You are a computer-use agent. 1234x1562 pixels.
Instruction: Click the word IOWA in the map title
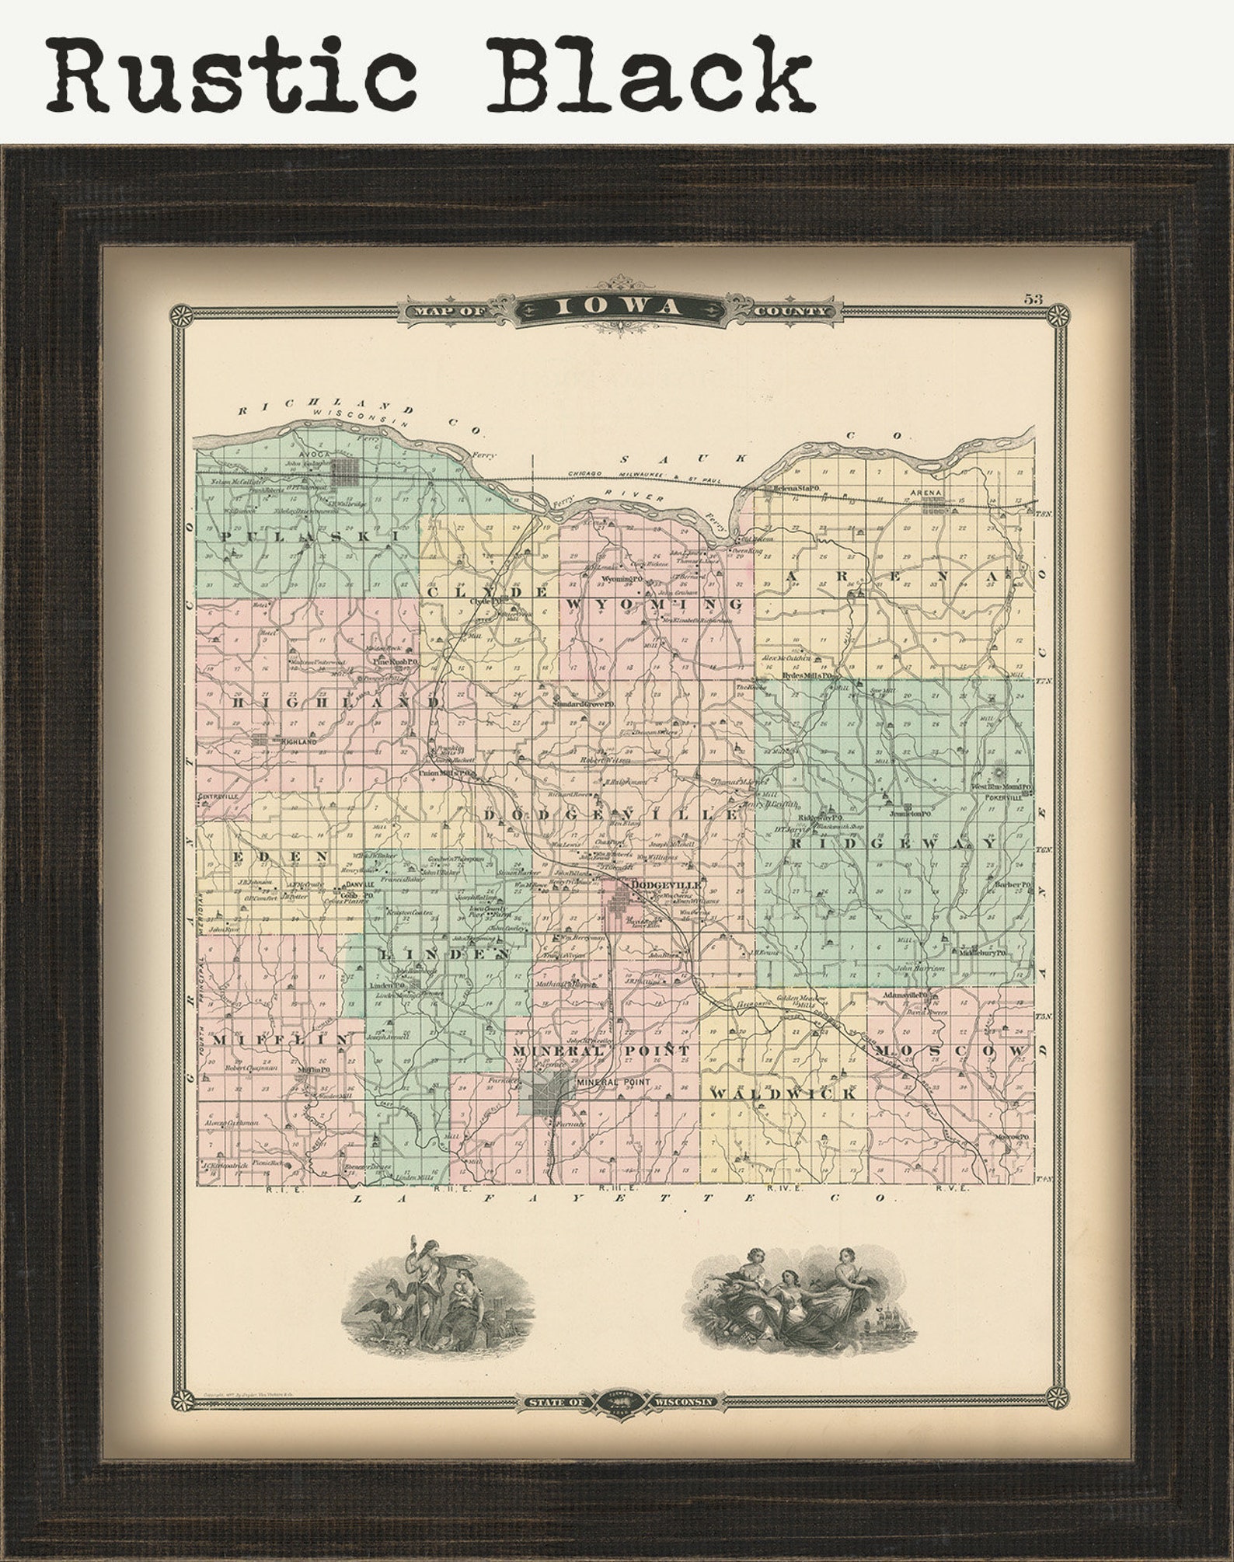point(617,308)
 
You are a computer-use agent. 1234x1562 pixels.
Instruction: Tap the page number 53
point(1033,298)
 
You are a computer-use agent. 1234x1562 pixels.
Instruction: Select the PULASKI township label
point(309,536)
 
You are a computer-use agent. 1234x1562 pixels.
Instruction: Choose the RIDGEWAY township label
point(893,843)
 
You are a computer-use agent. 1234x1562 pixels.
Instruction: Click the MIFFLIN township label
point(279,1039)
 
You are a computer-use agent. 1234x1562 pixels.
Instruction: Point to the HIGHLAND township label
point(336,701)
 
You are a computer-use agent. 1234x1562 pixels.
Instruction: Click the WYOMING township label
point(654,604)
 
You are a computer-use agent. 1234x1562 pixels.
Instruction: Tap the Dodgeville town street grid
point(620,905)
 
